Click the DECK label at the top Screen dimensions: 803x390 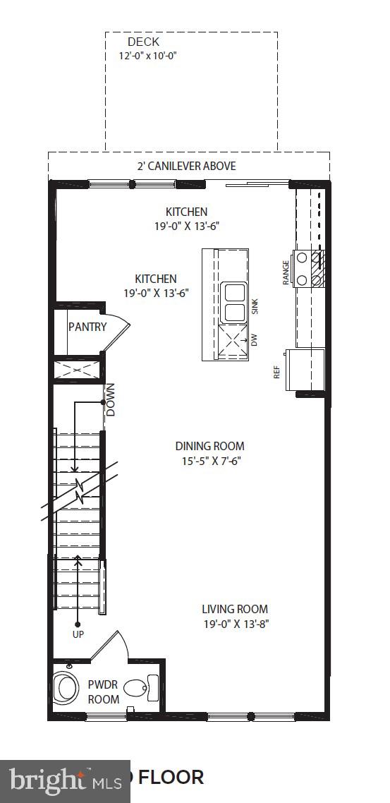coord(143,42)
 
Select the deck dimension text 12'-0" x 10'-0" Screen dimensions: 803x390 coord(147,55)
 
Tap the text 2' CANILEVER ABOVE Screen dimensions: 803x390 coord(186,166)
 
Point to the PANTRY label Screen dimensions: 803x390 coord(87,327)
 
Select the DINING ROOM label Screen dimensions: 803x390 coord(209,446)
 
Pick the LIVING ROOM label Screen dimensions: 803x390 coord(235,609)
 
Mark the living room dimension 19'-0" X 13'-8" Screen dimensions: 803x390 coord(235,623)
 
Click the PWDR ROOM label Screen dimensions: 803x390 coord(102,692)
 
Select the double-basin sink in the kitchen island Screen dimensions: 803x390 coord(233,302)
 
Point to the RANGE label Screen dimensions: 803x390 coord(286,272)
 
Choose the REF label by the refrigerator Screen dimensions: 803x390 coord(277,372)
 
